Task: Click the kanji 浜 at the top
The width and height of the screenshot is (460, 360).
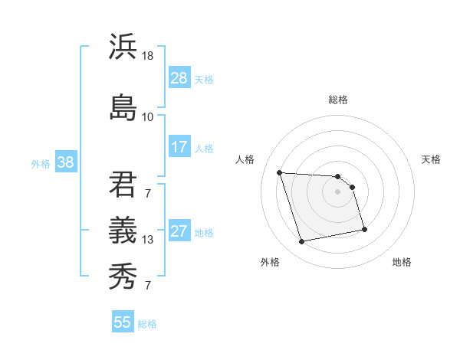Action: (x=123, y=47)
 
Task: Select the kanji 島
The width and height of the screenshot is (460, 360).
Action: (x=123, y=106)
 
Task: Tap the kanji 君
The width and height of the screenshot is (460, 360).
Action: (x=123, y=183)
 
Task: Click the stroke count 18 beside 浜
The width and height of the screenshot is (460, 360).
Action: (x=147, y=56)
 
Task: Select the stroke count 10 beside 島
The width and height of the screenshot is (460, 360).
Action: (x=147, y=116)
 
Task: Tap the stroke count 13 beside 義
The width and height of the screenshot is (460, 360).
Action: (x=147, y=240)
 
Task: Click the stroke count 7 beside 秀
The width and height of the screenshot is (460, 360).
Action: (x=147, y=286)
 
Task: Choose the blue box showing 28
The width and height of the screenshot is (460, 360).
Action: (x=179, y=78)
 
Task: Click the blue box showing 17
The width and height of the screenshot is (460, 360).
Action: (x=179, y=147)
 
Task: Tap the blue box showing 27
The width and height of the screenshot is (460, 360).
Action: (x=179, y=231)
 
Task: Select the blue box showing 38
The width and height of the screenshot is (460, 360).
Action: (x=65, y=162)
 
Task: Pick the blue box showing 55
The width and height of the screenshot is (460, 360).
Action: (x=123, y=322)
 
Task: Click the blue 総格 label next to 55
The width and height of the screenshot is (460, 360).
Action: (x=147, y=324)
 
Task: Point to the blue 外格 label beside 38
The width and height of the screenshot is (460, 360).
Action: (x=41, y=164)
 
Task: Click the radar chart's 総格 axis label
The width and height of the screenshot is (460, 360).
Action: (x=338, y=100)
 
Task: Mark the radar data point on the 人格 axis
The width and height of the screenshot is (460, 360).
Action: (x=280, y=172)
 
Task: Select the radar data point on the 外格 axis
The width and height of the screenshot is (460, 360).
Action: (x=302, y=242)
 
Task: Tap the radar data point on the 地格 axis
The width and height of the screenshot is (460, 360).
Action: (x=364, y=230)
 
